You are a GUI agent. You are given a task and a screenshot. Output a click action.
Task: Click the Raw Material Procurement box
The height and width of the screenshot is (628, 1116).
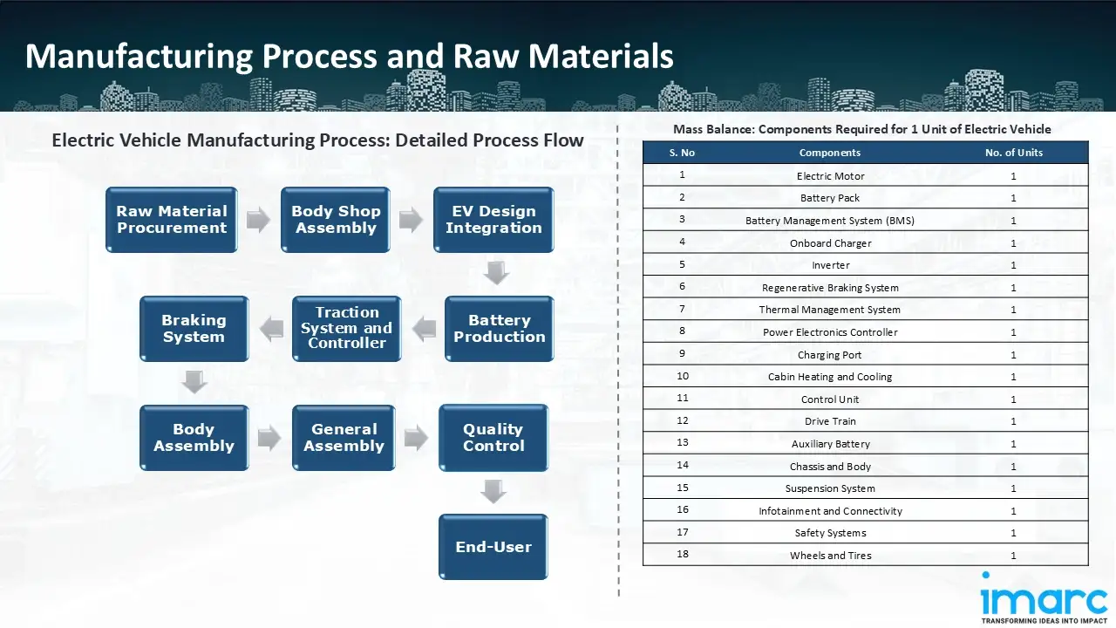(x=172, y=220)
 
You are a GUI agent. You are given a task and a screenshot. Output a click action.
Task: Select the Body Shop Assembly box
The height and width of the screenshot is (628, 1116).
(x=336, y=220)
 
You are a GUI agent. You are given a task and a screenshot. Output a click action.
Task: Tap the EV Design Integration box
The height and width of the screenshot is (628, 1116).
(x=493, y=220)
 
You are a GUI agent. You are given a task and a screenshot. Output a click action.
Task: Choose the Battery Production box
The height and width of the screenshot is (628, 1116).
(x=499, y=329)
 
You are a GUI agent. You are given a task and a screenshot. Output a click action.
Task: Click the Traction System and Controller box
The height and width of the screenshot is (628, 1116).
(x=346, y=329)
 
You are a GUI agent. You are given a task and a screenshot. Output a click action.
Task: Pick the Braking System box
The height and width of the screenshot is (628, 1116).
(x=194, y=329)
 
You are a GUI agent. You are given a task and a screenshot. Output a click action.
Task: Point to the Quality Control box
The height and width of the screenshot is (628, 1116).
(x=493, y=438)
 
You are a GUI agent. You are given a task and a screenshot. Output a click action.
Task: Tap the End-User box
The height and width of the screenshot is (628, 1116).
(x=493, y=547)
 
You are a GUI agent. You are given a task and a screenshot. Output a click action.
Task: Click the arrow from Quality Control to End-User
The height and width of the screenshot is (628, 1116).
(x=493, y=492)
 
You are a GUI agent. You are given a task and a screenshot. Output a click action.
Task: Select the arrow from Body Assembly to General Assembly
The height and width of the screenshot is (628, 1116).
(x=269, y=438)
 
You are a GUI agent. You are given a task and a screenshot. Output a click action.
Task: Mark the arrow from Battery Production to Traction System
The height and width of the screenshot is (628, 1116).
(x=424, y=329)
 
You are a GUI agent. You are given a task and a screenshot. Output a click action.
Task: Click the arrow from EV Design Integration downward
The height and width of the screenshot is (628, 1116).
(x=496, y=274)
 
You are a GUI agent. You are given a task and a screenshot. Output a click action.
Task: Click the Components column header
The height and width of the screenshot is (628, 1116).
(x=830, y=153)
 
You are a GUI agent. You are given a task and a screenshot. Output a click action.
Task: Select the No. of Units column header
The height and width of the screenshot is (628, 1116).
(x=1014, y=153)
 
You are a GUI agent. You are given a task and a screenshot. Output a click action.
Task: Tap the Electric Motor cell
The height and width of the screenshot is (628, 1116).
(x=830, y=176)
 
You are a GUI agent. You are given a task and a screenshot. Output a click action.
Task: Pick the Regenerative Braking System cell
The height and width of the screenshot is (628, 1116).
(x=830, y=288)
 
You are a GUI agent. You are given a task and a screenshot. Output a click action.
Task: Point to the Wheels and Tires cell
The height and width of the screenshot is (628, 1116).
(x=830, y=556)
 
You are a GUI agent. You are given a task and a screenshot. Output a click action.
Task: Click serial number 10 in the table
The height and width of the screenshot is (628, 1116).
(x=683, y=377)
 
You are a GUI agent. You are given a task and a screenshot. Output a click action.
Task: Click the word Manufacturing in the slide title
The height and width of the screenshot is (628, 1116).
(x=139, y=56)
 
